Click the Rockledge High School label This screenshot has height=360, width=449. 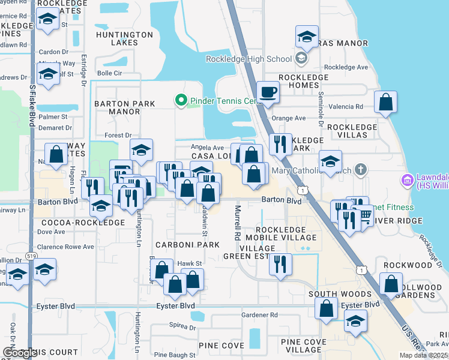(249, 59)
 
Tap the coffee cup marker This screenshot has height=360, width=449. (268, 94)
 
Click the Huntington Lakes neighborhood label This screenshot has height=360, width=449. (124, 38)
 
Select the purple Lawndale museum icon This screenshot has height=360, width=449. (408, 179)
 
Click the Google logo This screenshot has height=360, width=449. (20, 353)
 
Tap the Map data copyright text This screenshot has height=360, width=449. (423, 355)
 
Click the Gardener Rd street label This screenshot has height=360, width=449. (259, 314)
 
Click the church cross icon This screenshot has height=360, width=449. (360, 170)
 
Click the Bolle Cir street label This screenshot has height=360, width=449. (109, 73)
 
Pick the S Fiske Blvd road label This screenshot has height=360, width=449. (32, 105)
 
